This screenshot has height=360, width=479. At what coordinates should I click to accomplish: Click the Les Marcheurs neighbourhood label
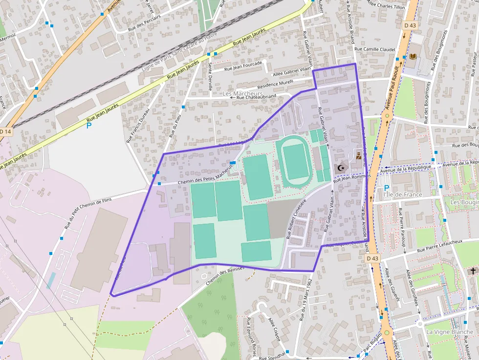coord(239,93)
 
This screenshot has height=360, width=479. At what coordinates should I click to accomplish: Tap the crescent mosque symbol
coord(341,168)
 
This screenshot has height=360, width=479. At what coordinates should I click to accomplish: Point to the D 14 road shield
coord(5,131)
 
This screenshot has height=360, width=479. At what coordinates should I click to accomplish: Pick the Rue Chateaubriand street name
coord(256,97)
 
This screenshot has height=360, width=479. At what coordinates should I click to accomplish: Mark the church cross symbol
coord(473,271)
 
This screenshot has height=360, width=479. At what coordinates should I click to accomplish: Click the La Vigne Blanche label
coord(449,332)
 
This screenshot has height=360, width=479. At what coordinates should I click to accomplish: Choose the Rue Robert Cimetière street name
coord(296,218)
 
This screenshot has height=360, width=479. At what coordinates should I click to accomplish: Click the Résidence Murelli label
coord(275,83)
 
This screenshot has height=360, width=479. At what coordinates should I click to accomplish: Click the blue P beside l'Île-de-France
coord(387,188)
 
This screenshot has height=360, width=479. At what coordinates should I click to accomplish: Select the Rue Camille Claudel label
coord(374,49)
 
